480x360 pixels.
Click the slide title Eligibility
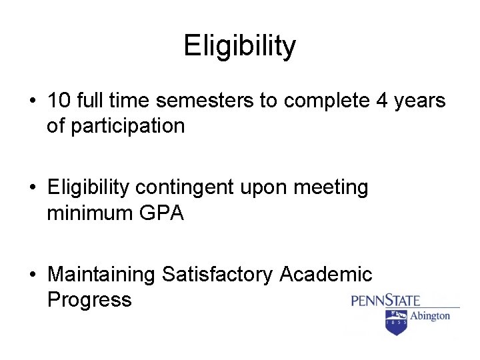click(239, 46)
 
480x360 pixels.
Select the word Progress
click(89, 299)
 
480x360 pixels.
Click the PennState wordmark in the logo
click(385, 299)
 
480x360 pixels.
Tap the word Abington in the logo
click(429, 315)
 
